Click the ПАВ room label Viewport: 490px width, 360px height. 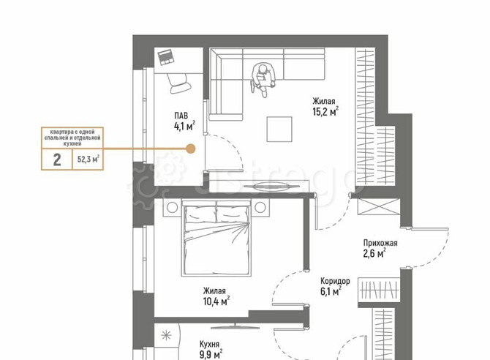(181, 116)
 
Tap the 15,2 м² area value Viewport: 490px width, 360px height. (325, 111)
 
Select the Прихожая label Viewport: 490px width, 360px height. (380, 243)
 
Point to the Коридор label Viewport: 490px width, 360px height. (335, 280)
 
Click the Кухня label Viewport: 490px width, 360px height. (209, 345)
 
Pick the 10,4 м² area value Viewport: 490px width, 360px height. (216, 301)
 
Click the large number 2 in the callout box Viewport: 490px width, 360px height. (57, 160)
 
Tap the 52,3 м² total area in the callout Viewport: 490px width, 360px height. (88, 160)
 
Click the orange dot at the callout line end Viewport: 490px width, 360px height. (190, 149)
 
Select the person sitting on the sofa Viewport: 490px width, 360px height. (263, 78)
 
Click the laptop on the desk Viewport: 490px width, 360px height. (165, 57)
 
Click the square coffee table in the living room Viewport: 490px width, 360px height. (279, 130)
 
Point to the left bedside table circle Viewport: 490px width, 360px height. (172, 207)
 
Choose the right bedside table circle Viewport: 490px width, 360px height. (260, 207)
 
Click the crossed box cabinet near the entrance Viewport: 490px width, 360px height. (379, 206)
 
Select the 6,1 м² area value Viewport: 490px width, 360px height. (331, 291)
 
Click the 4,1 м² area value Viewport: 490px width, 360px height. (185, 126)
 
